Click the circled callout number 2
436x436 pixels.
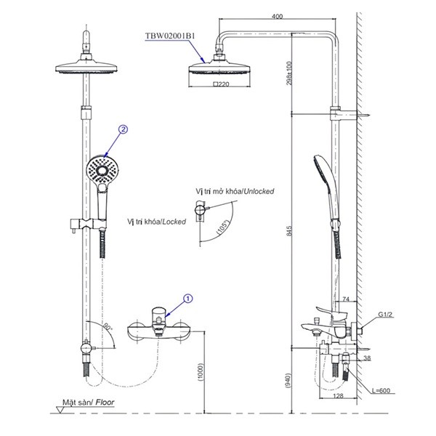pos(124,130)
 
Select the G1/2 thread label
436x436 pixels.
pos(385,316)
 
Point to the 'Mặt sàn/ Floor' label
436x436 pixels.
pos(88,400)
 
